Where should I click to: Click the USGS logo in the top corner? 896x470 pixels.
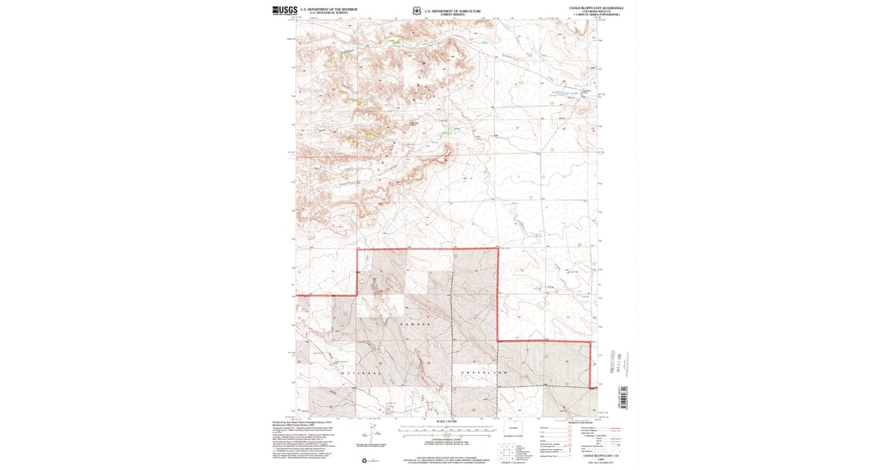point(285,10)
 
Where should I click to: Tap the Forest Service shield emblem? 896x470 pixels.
point(416,11)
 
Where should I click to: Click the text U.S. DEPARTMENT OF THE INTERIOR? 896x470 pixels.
point(334,9)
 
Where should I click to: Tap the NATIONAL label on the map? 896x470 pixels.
point(361,372)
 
